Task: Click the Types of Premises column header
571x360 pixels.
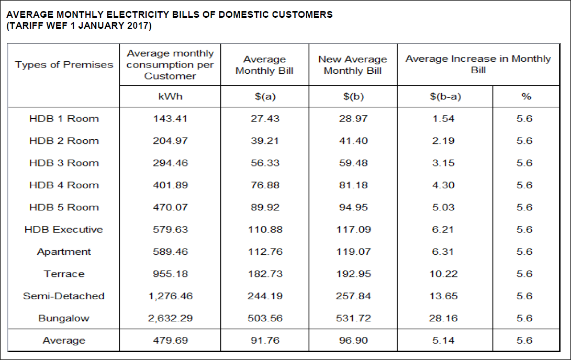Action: click(x=64, y=64)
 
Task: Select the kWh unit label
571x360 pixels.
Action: click(x=170, y=96)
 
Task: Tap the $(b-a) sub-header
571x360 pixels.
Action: click(x=445, y=96)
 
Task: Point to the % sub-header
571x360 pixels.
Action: click(x=526, y=96)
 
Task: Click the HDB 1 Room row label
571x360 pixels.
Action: click(x=64, y=119)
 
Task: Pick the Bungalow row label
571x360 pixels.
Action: click(x=64, y=319)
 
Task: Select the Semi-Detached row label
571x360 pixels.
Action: click(x=64, y=296)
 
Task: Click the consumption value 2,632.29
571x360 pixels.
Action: click(x=170, y=318)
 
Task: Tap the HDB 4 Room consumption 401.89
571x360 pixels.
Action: click(x=170, y=185)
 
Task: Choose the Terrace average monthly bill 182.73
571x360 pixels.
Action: click(x=265, y=274)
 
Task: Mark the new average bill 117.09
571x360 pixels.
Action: click(x=353, y=229)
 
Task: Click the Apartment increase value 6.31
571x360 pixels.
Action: click(x=443, y=252)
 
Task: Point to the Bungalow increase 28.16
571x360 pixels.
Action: click(x=443, y=318)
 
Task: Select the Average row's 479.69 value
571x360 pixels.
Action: click(x=170, y=340)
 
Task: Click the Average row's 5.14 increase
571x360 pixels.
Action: click(x=443, y=340)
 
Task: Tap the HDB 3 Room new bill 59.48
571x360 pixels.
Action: click(x=353, y=163)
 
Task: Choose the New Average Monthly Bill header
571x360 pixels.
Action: click(x=353, y=65)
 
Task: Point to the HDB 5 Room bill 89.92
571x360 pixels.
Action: click(x=265, y=207)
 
